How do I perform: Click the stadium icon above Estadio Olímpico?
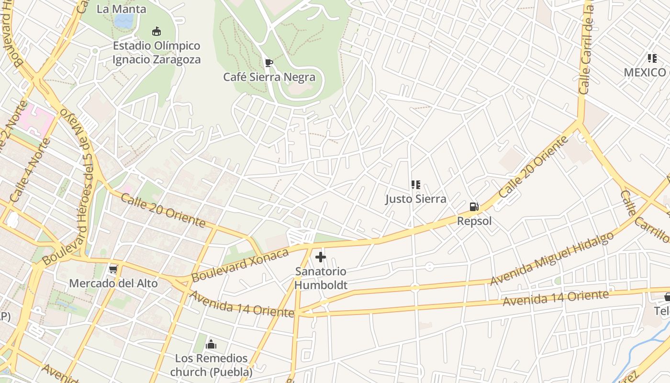[x=156, y=32]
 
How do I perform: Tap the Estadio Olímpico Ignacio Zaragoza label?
[x=156, y=53]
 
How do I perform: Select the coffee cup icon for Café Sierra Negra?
[x=269, y=63]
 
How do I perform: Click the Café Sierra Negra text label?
[x=269, y=77]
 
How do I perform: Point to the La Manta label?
[x=122, y=9]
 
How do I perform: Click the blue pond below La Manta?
[x=124, y=21]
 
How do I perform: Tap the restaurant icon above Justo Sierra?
[x=415, y=185]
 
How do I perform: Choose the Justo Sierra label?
[x=416, y=199]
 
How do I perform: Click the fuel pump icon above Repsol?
[x=474, y=207]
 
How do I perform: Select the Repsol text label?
[x=474, y=221]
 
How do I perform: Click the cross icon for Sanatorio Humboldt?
[x=321, y=258]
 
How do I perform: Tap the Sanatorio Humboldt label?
[x=321, y=278]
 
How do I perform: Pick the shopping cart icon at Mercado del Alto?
[x=113, y=269]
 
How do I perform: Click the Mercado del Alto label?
[x=113, y=283]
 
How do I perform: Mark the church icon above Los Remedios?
[x=211, y=344]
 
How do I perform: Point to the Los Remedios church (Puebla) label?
[x=211, y=365]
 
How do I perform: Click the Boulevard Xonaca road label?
[x=240, y=265]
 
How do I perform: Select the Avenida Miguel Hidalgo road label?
[x=552, y=259]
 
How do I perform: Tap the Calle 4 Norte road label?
[x=30, y=171]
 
